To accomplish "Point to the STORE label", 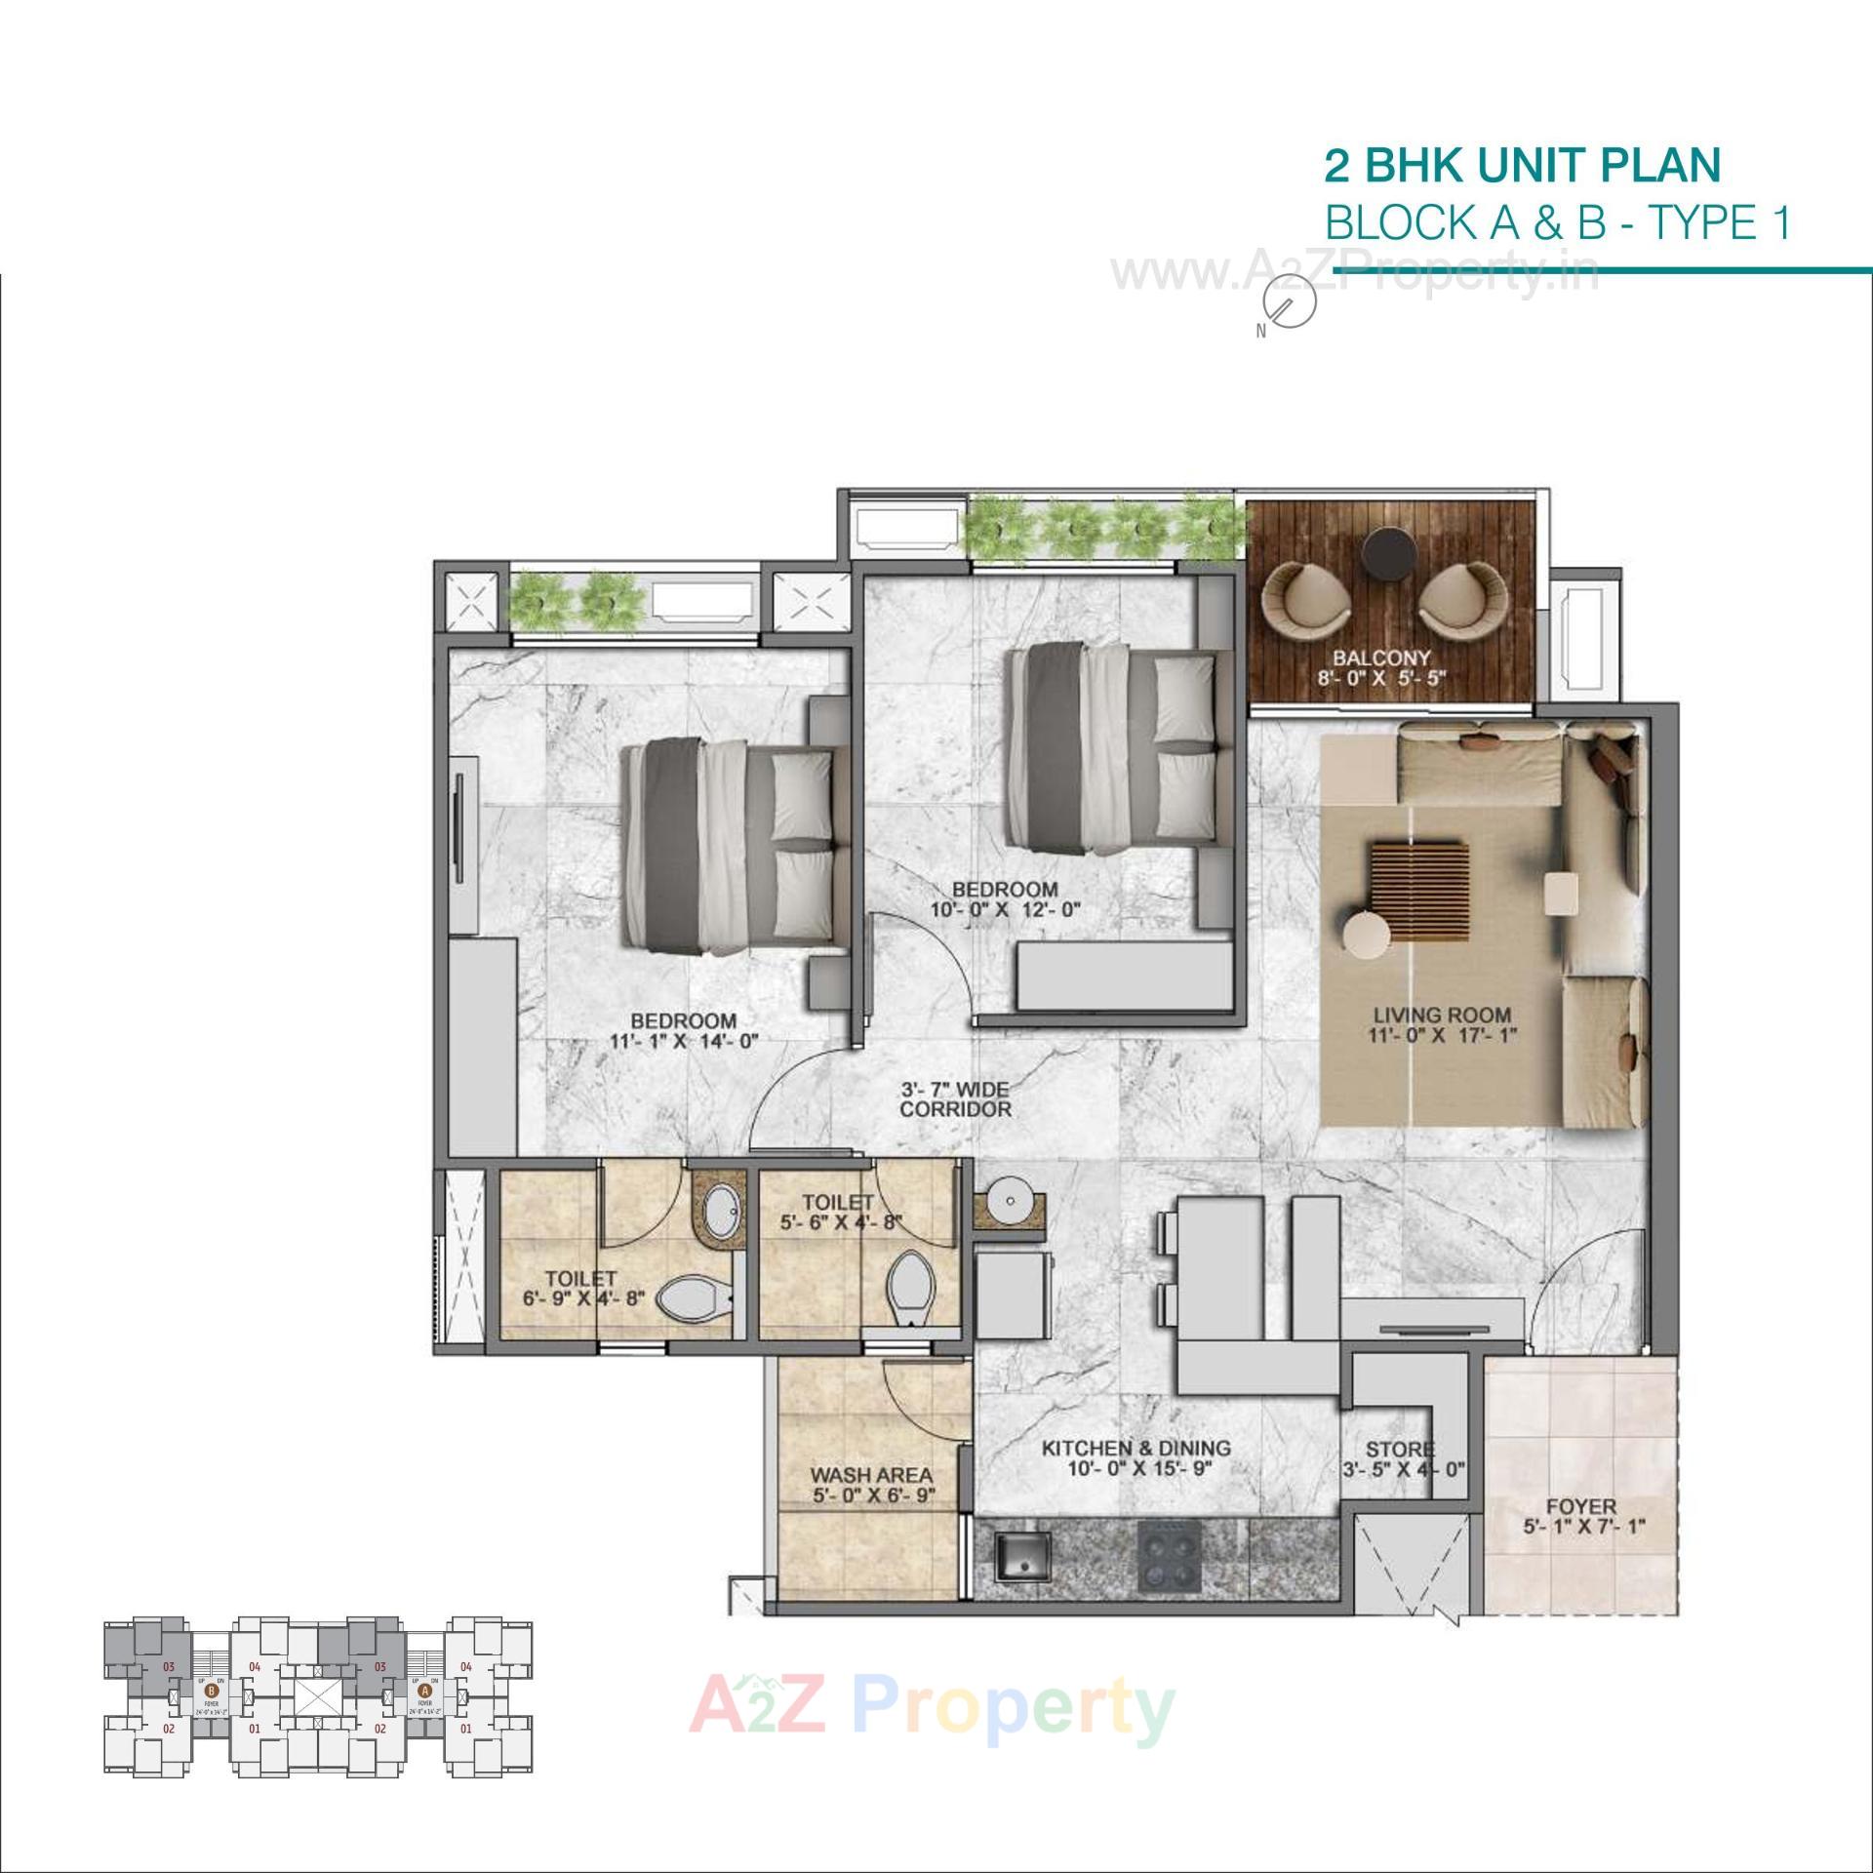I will tap(1400, 1450).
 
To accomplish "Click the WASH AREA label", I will tap(871, 1476).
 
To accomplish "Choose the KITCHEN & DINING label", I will tap(1136, 1449).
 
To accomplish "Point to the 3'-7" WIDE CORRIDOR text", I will tap(955, 1098).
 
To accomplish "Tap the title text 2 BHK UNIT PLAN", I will tap(1522, 166).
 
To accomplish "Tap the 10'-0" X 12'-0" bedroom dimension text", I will tap(1005, 910).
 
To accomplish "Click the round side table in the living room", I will tap(1367, 936).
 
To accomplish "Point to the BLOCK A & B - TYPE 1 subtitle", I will tap(1558, 223).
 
